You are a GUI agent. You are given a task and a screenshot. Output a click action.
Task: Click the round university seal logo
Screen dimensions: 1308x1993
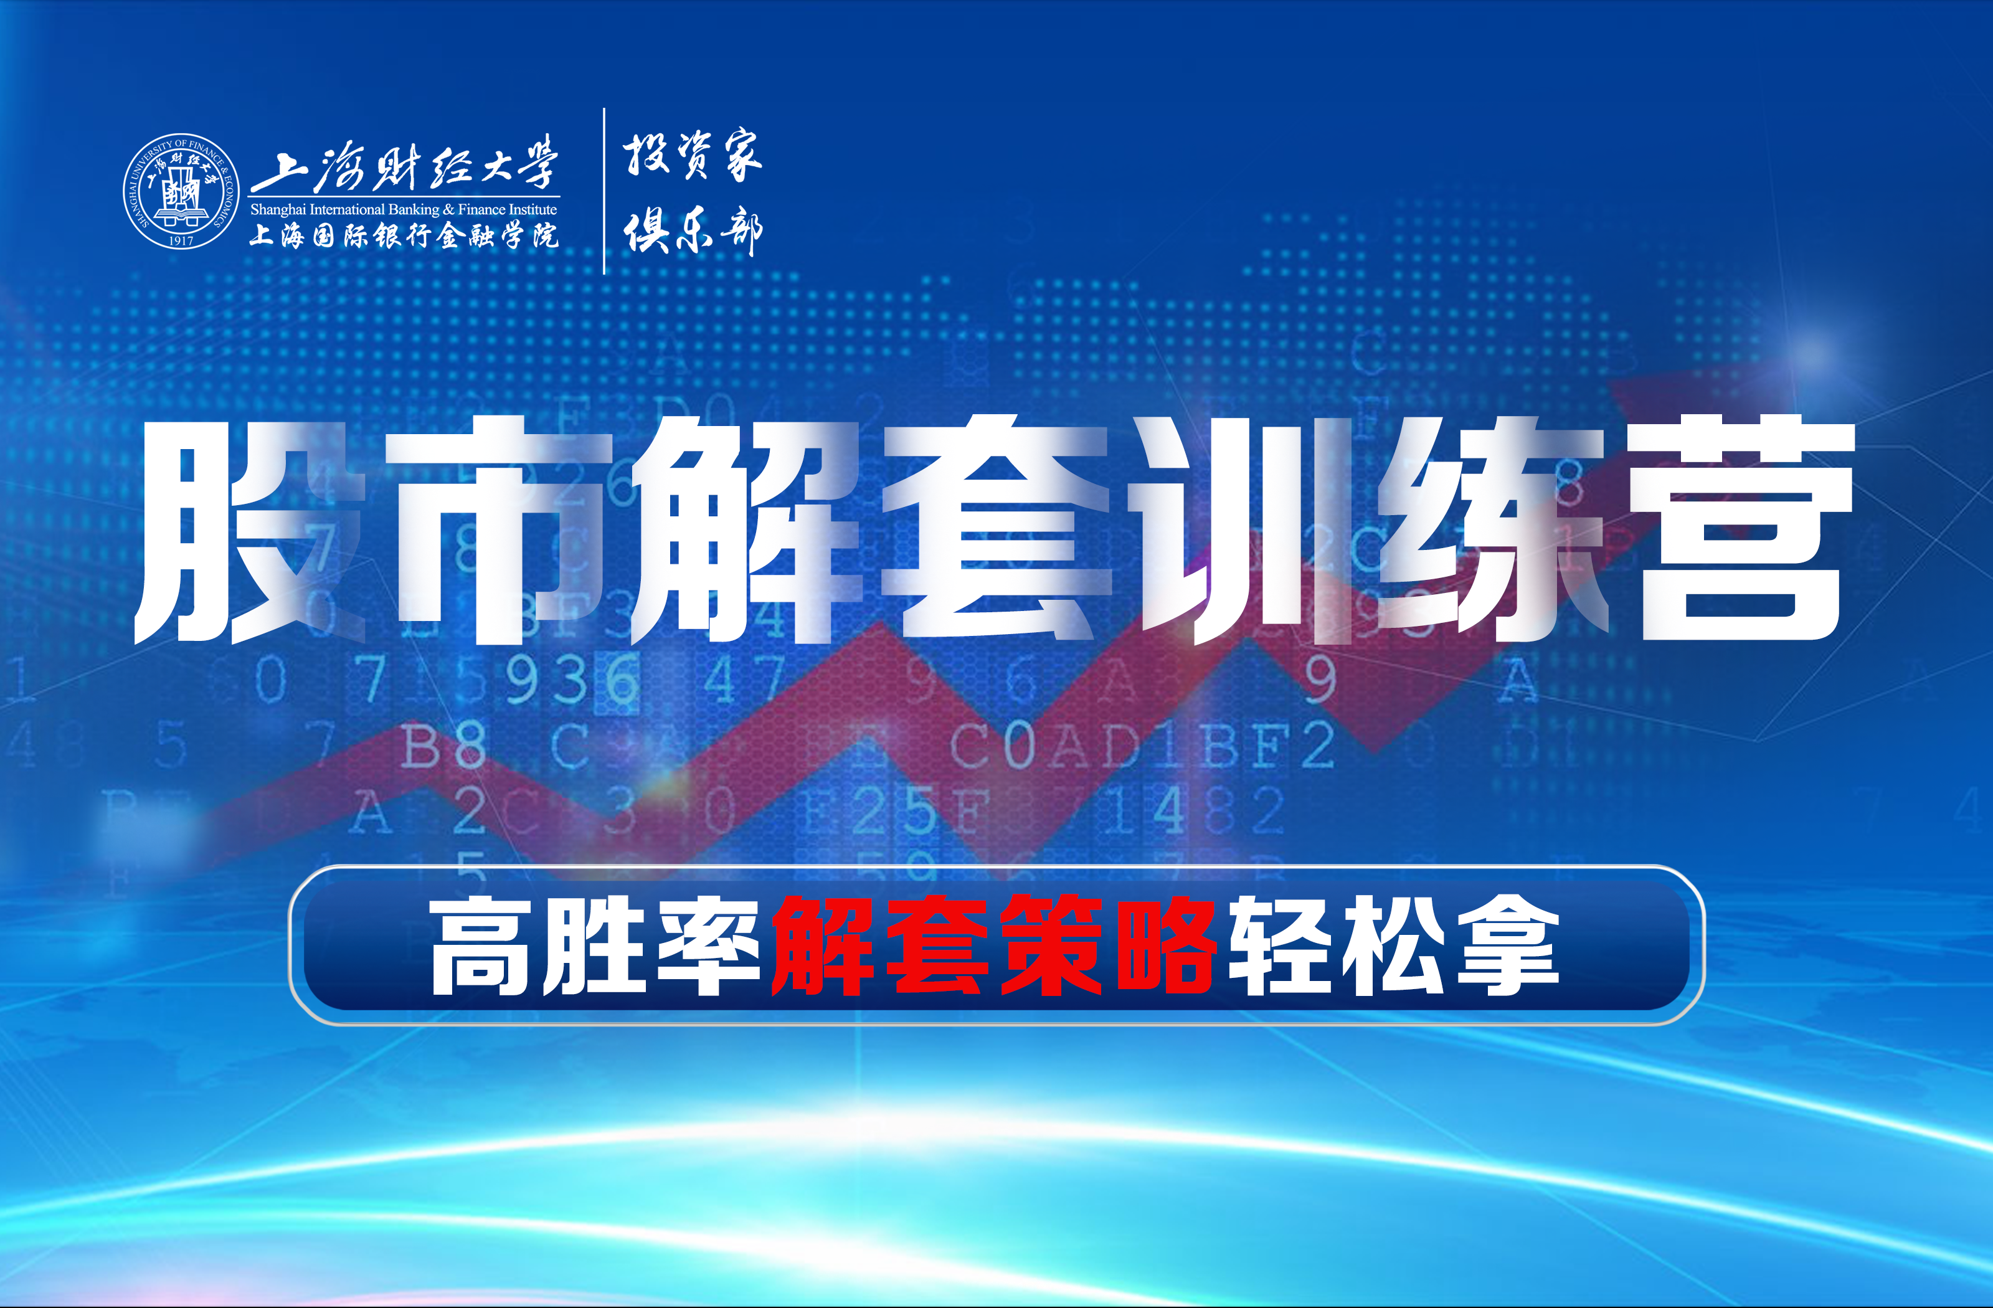click(x=181, y=191)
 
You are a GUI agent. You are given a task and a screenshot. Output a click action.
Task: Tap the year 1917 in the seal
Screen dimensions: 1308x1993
click(x=181, y=240)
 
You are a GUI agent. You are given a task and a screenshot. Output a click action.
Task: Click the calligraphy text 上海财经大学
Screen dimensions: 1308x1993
click(x=404, y=164)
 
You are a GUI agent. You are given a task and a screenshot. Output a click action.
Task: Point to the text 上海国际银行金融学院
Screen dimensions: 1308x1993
click(x=404, y=235)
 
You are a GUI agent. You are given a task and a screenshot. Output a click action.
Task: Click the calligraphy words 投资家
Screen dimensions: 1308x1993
click(x=692, y=155)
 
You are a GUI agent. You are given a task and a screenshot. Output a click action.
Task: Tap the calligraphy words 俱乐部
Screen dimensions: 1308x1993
click(x=692, y=231)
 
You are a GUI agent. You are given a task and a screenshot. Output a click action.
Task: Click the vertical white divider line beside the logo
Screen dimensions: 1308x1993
click(x=604, y=191)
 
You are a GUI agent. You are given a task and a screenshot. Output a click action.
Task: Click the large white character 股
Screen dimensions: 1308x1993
click(x=251, y=532)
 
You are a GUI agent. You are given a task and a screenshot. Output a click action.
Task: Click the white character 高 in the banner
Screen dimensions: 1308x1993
click(x=481, y=945)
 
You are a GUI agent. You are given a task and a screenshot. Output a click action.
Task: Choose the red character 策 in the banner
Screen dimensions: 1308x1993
click(x=1051, y=945)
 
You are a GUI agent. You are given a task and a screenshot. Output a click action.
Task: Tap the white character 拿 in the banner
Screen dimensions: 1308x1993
click(x=1507, y=945)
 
